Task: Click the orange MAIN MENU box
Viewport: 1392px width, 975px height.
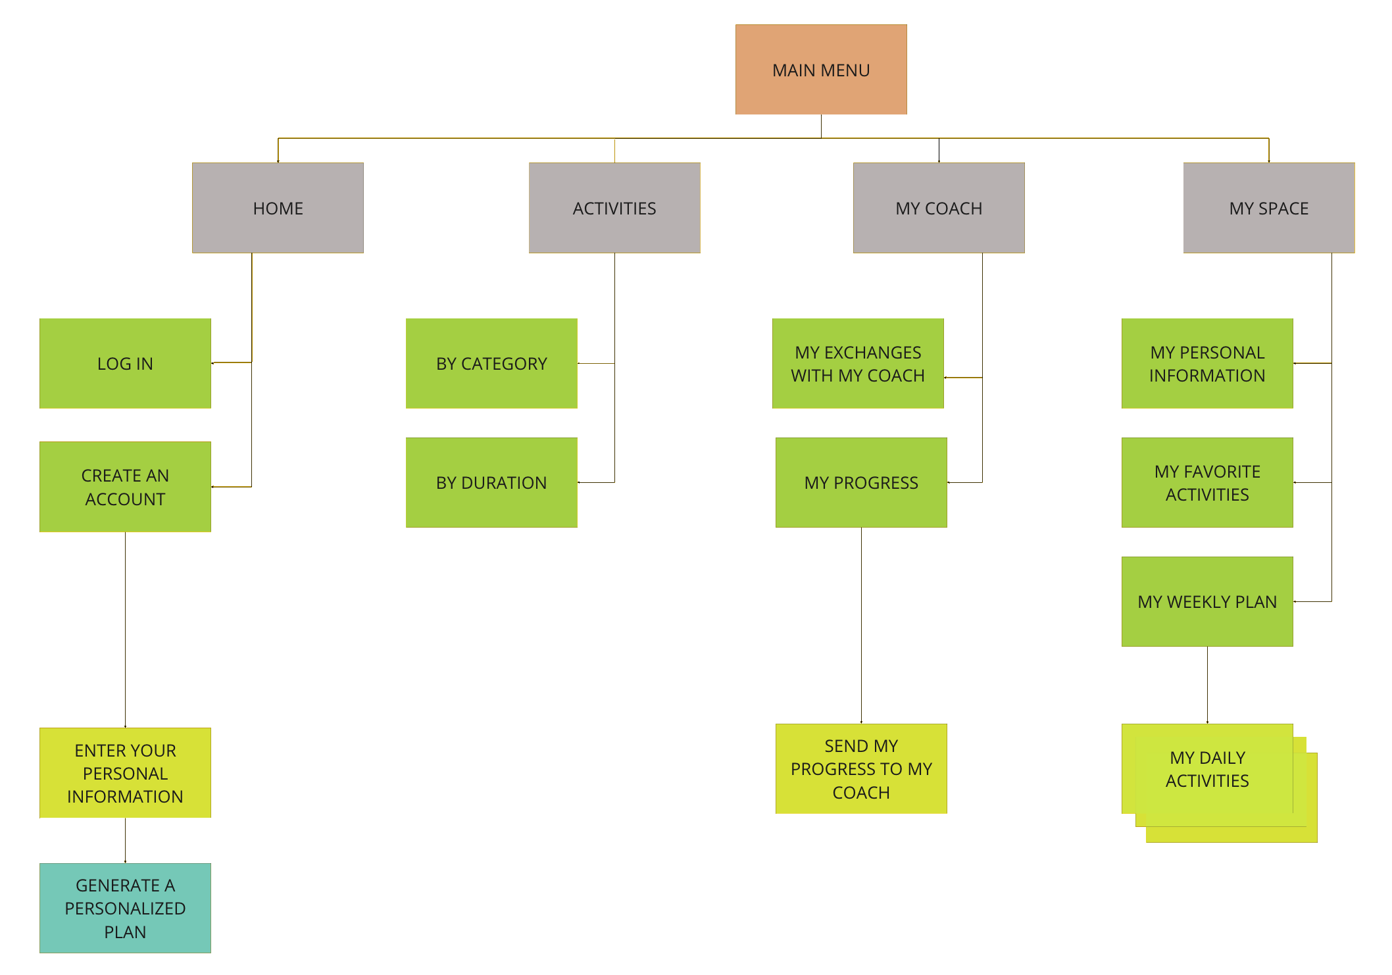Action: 821,70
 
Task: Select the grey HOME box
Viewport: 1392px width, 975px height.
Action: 278,208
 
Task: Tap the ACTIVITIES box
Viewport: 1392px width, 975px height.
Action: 614,208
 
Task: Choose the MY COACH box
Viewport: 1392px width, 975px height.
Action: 939,208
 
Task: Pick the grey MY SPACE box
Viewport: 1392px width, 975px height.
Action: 1269,208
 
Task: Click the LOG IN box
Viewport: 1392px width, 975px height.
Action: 125,363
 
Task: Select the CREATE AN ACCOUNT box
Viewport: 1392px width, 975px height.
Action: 125,487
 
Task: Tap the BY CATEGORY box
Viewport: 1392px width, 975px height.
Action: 491,363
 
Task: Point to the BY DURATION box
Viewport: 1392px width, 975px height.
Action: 491,482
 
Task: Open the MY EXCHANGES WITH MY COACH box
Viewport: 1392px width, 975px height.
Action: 858,363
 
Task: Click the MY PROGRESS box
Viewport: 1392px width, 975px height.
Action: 861,482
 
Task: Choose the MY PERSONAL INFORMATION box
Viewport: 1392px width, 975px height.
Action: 1207,363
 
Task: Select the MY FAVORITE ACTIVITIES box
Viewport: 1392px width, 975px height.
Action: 1207,482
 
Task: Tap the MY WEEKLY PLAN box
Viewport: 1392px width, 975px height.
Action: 1207,601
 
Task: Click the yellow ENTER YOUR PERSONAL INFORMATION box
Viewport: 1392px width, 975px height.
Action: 125,773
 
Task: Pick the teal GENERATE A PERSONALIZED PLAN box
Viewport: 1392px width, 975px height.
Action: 125,908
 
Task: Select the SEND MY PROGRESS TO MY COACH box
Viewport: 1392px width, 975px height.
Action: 861,768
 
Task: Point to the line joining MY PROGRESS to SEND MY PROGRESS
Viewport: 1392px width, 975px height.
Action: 861,625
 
